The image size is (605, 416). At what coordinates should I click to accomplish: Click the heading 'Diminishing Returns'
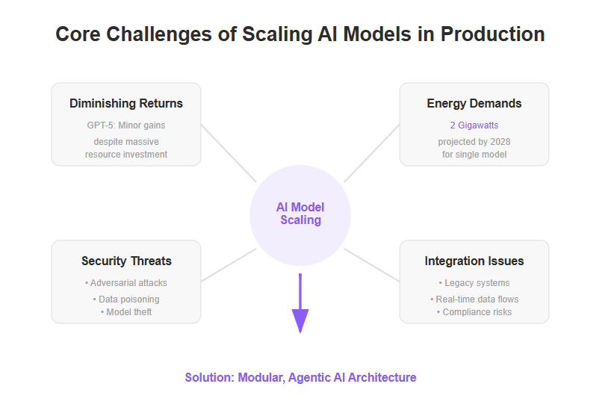126,103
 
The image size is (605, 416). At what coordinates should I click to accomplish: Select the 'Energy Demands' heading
474,103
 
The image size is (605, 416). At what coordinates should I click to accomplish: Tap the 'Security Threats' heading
126,261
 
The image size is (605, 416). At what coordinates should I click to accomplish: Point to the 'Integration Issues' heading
474,261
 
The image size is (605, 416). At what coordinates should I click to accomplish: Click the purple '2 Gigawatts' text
474,125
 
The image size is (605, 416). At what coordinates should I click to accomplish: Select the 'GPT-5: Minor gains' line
126,125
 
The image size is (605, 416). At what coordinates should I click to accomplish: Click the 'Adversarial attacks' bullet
126,283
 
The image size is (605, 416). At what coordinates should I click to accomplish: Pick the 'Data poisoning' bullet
126,299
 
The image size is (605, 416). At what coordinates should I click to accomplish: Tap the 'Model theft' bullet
126,311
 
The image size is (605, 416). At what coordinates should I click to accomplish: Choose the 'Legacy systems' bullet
474,283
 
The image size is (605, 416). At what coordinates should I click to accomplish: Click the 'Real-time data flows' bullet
474,299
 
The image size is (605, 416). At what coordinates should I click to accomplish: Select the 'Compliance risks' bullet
474,311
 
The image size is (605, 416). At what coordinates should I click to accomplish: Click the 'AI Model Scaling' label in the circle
300,214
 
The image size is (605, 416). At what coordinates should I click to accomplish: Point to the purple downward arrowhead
300,320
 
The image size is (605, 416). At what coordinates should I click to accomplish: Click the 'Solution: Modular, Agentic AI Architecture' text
300,377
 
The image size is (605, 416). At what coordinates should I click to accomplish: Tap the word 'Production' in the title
492,34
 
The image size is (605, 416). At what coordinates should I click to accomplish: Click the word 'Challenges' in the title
158,35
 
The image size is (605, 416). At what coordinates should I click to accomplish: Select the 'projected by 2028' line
474,142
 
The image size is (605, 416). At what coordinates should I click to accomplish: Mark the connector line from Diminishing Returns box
229,153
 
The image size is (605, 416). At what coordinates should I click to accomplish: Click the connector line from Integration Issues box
371,265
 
